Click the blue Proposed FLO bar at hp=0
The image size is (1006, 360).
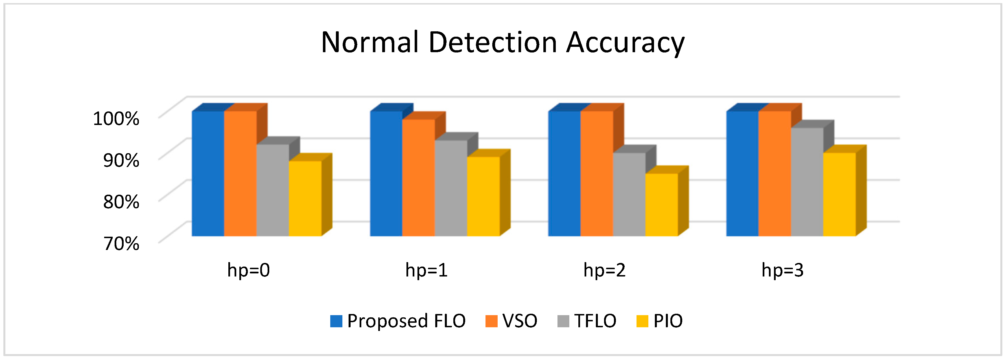(x=208, y=174)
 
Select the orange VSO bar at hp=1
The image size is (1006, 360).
(x=418, y=178)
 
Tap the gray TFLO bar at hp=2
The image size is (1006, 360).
(x=629, y=194)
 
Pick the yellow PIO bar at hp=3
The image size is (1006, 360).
(x=839, y=194)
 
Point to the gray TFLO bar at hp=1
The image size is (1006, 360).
(x=451, y=188)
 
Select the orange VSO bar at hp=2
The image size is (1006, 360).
(x=596, y=174)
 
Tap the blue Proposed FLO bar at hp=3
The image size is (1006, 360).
(x=742, y=174)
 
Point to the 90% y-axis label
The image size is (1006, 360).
(x=121, y=160)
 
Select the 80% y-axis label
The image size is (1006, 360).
(x=121, y=202)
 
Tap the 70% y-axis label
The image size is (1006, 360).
(x=121, y=244)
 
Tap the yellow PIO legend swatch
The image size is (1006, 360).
(x=642, y=321)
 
